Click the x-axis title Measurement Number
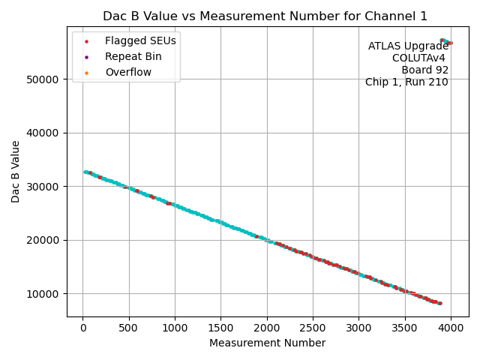click(x=268, y=343)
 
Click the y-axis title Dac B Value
click(x=16, y=171)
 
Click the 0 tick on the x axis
click(x=83, y=328)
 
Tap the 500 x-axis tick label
click(x=129, y=328)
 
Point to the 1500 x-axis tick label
click(x=221, y=328)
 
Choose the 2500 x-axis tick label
click(x=313, y=328)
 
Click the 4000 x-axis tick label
click(x=451, y=328)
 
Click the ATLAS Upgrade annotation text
click(x=408, y=46)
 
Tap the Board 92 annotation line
click(x=424, y=70)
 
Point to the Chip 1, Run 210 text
click(x=406, y=82)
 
